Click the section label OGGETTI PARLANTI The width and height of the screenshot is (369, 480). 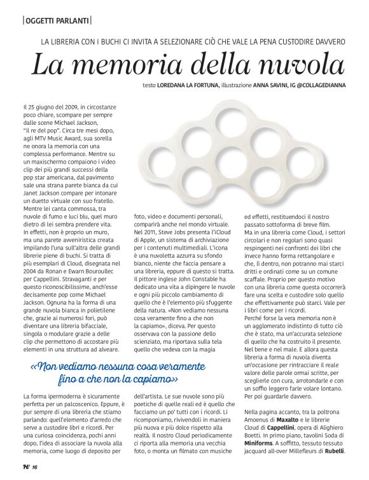(x=56, y=20)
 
